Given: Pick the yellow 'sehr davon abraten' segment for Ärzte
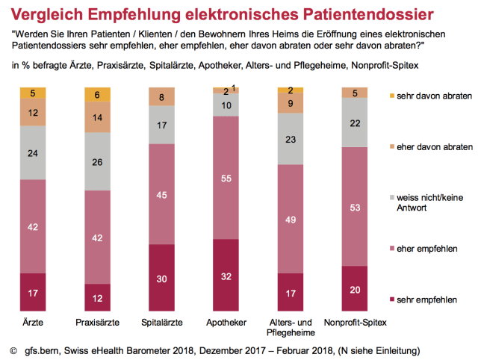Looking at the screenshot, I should (32, 93).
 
